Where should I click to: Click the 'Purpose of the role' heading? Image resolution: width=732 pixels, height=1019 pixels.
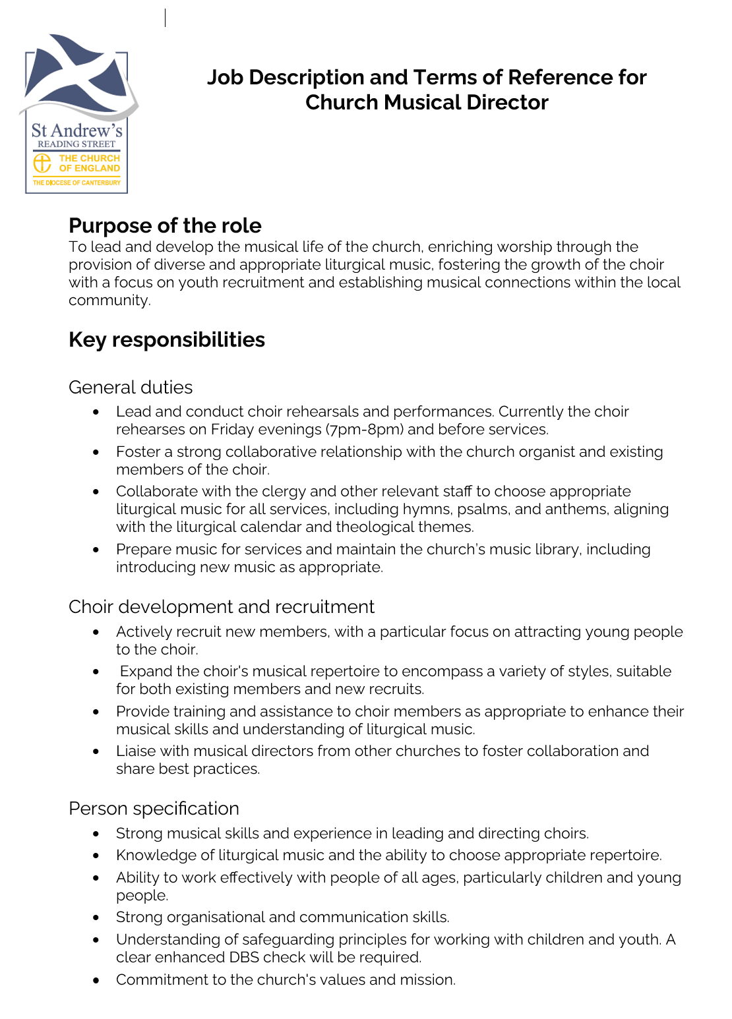165,226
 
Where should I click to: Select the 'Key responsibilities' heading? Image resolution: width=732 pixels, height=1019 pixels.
167,340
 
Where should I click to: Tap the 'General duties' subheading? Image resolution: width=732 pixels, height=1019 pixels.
131,388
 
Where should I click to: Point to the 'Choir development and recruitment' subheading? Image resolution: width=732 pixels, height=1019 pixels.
222,607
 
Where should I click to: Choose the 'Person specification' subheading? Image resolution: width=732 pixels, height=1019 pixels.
154,809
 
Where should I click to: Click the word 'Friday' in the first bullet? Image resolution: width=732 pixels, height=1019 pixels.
234,430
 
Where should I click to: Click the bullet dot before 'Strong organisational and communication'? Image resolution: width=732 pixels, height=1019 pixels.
96,917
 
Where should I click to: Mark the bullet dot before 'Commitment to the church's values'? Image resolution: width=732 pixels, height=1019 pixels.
96,980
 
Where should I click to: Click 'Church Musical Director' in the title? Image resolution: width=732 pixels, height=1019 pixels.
427,103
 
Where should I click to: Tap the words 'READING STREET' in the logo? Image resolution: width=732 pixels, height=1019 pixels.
76,144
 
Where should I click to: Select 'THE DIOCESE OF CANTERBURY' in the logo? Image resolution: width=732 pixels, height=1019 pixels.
76,183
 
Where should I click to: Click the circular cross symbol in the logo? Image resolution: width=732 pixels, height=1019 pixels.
42,163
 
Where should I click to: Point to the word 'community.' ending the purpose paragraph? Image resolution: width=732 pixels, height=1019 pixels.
109,301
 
